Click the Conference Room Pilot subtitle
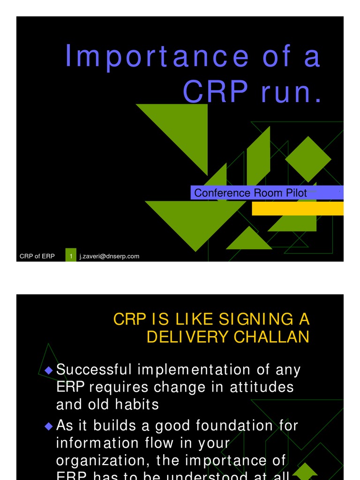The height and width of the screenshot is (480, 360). click(x=250, y=193)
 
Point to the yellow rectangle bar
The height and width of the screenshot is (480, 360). click(x=297, y=209)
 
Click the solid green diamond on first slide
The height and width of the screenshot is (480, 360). click(x=308, y=159)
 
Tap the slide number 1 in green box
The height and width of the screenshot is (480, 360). click(x=71, y=256)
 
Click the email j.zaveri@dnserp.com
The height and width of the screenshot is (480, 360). click(x=110, y=256)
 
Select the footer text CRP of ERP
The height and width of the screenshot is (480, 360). click(x=37, y=256)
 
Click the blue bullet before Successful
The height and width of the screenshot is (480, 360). click(x=48, y=370)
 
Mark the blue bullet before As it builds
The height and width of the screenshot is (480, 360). click(x=48, y=427)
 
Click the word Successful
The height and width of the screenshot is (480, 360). click(x=94, y=370)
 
